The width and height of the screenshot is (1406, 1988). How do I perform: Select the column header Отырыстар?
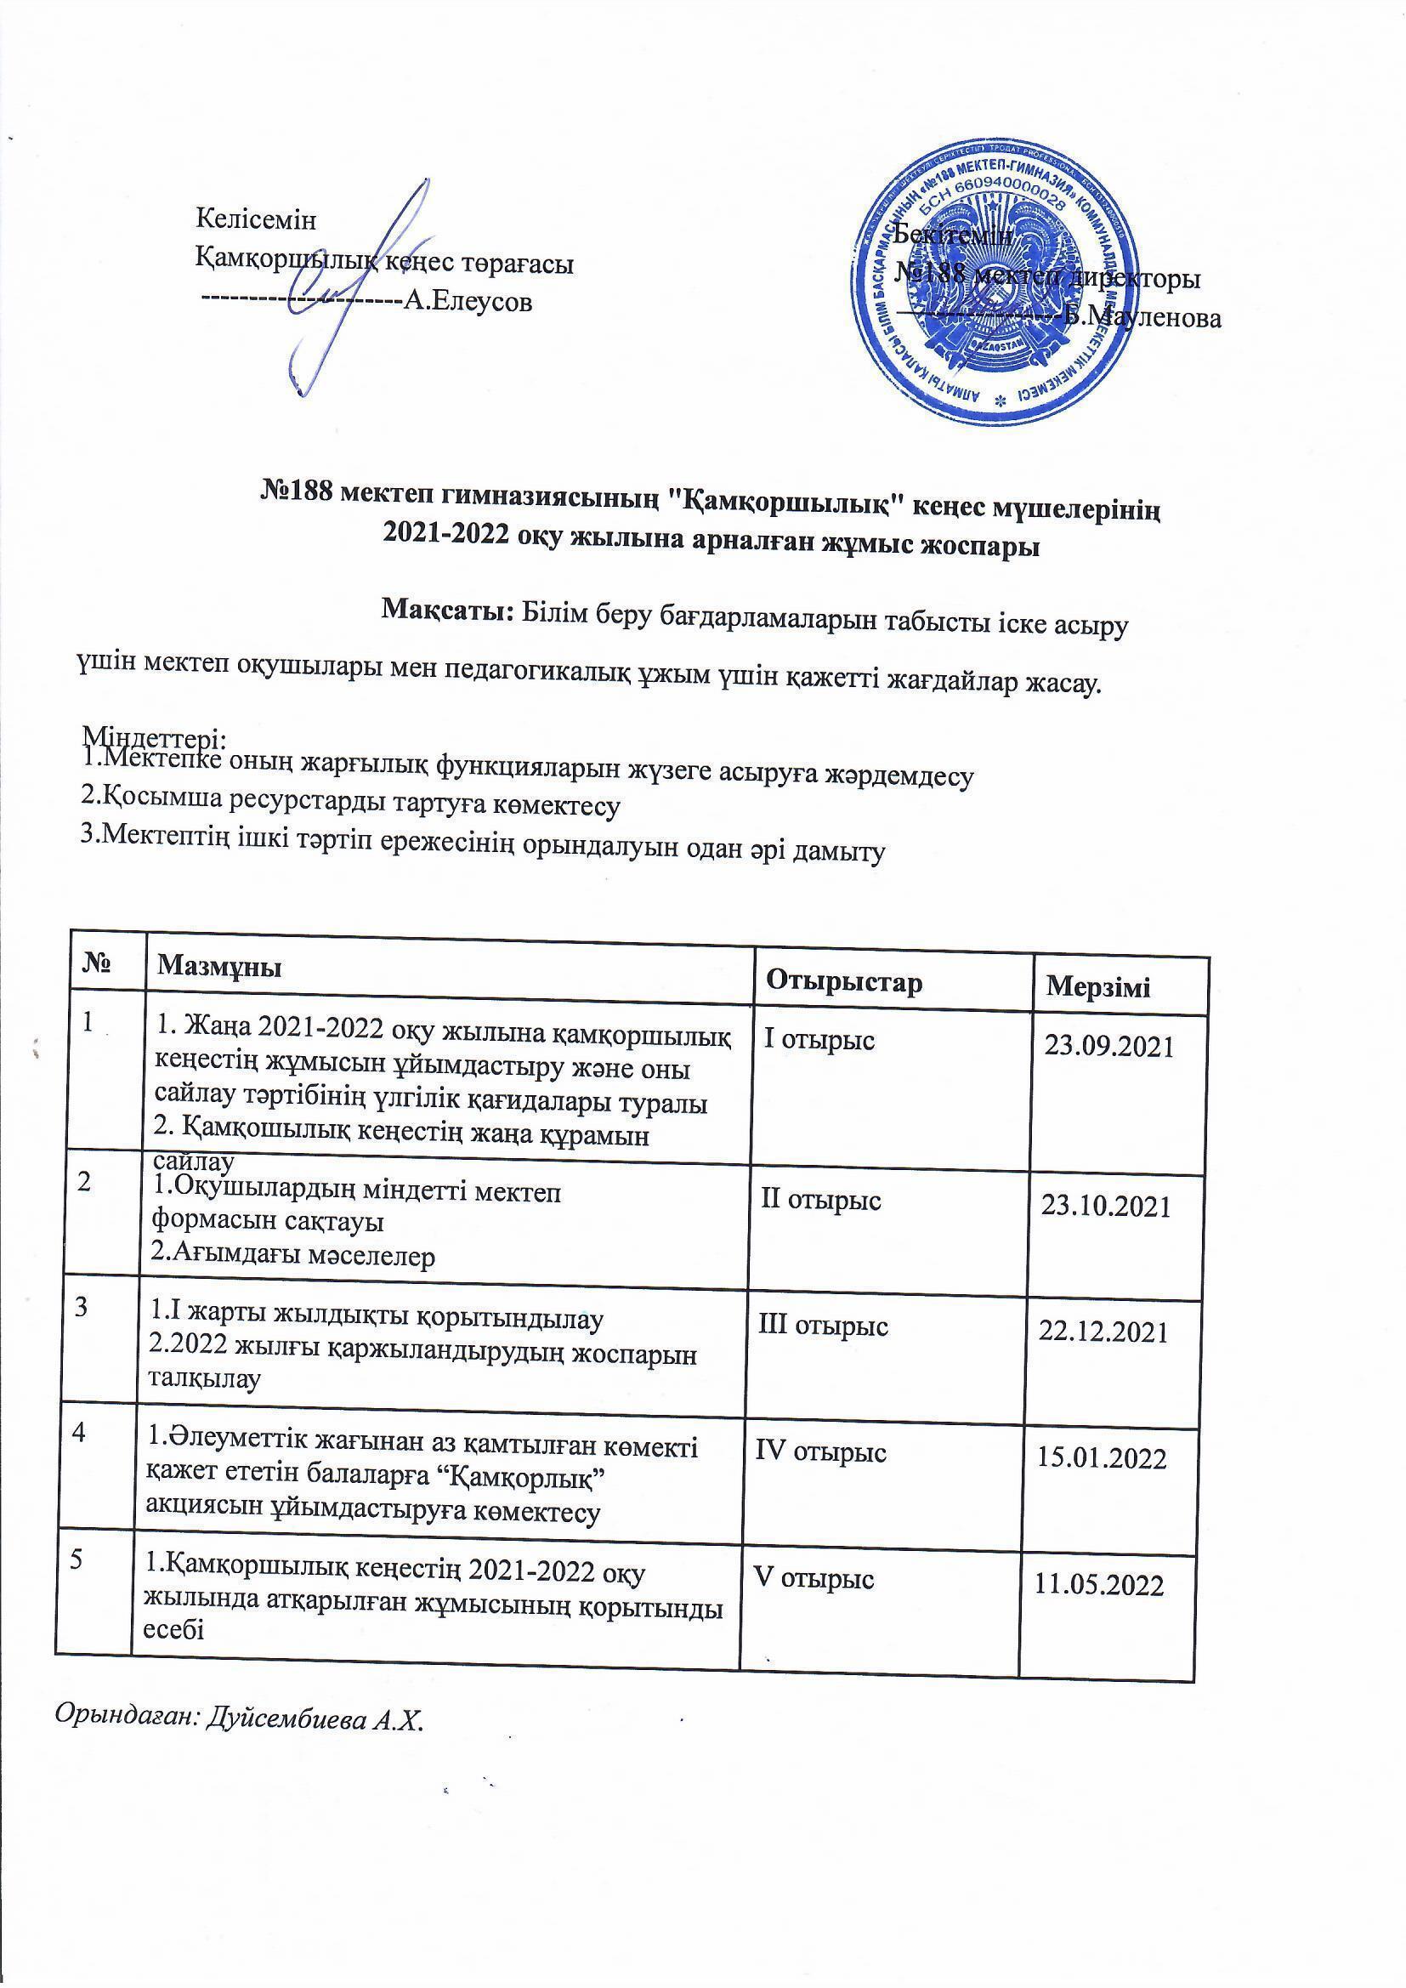point(844,982)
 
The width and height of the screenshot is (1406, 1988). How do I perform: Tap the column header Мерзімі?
point(1098,987)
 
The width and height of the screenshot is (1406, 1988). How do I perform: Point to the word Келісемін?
point(257,219)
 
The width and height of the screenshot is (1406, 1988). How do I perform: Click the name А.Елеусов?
point(468,302)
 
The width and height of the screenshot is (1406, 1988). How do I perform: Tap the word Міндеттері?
point(153,737)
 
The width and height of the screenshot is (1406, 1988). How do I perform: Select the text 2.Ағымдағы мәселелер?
point(292,1255)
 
